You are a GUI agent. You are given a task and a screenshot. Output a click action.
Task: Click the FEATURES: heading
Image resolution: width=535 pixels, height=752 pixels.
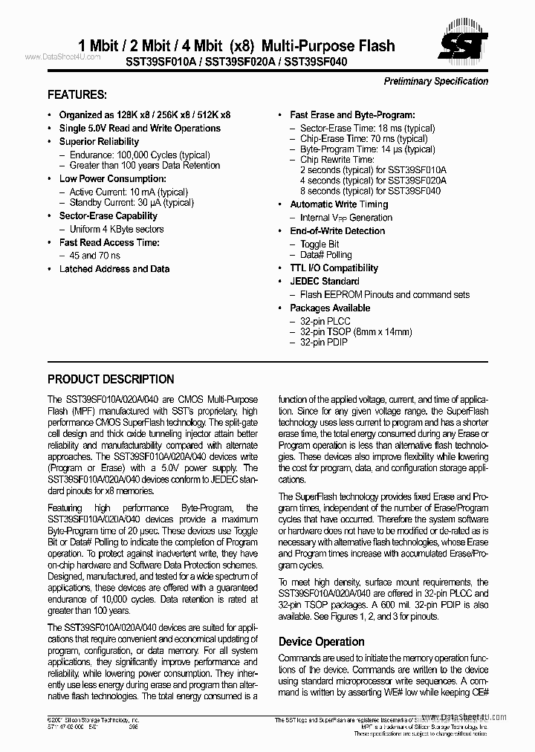[77, 95]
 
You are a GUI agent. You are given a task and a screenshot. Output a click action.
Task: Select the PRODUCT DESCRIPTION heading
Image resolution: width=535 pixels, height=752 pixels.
[111, 379]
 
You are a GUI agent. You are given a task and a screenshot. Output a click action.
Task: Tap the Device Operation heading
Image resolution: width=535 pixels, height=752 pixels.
[321, 641]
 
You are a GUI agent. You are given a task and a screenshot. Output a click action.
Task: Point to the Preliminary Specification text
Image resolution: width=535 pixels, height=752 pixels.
[435, 82]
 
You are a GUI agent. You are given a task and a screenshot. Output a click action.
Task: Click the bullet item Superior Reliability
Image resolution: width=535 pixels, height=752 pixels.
[99, 142]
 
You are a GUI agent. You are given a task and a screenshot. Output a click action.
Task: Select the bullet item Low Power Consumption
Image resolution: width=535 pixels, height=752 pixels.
[112, 179]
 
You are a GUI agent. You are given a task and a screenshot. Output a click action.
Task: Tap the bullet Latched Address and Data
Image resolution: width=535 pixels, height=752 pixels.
[114, 269]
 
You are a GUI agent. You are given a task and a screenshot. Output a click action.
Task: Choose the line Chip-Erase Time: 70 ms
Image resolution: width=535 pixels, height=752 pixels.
[363, 139]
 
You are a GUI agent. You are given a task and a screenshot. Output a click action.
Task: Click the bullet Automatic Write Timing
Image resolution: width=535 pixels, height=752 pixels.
[339, 204]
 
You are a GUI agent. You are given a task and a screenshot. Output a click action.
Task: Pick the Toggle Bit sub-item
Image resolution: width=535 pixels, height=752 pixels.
[320, 244]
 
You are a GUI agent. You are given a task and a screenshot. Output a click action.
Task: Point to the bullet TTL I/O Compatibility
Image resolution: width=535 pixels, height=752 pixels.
[334, 268]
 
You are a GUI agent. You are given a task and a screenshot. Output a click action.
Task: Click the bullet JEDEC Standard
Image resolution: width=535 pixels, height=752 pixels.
[324, 282]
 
